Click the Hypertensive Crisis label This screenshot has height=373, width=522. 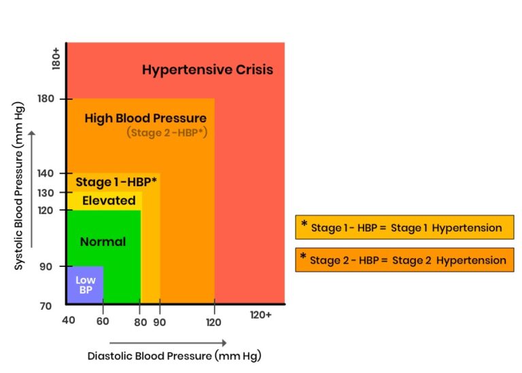pos(207,69)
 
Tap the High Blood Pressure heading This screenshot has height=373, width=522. pos(145,118)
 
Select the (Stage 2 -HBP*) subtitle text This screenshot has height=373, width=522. pos(167,132)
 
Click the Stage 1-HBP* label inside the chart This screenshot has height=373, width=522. pos(116,181)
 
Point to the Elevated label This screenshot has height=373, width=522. pos(109,200)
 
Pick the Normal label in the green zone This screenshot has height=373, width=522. pos(103,241)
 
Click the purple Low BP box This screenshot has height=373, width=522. pos(85,285)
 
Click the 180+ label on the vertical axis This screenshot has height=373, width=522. pos(56,58)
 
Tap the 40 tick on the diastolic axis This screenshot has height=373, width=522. pos(68,321)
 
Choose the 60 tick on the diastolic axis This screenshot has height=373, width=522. pos(103,321)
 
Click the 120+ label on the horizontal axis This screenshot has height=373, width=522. pos(261,315)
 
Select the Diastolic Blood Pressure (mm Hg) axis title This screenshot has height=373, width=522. pos(174,355)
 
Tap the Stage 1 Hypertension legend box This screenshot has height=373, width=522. pos(404,227)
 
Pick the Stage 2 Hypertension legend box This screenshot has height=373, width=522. pos(404,260)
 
